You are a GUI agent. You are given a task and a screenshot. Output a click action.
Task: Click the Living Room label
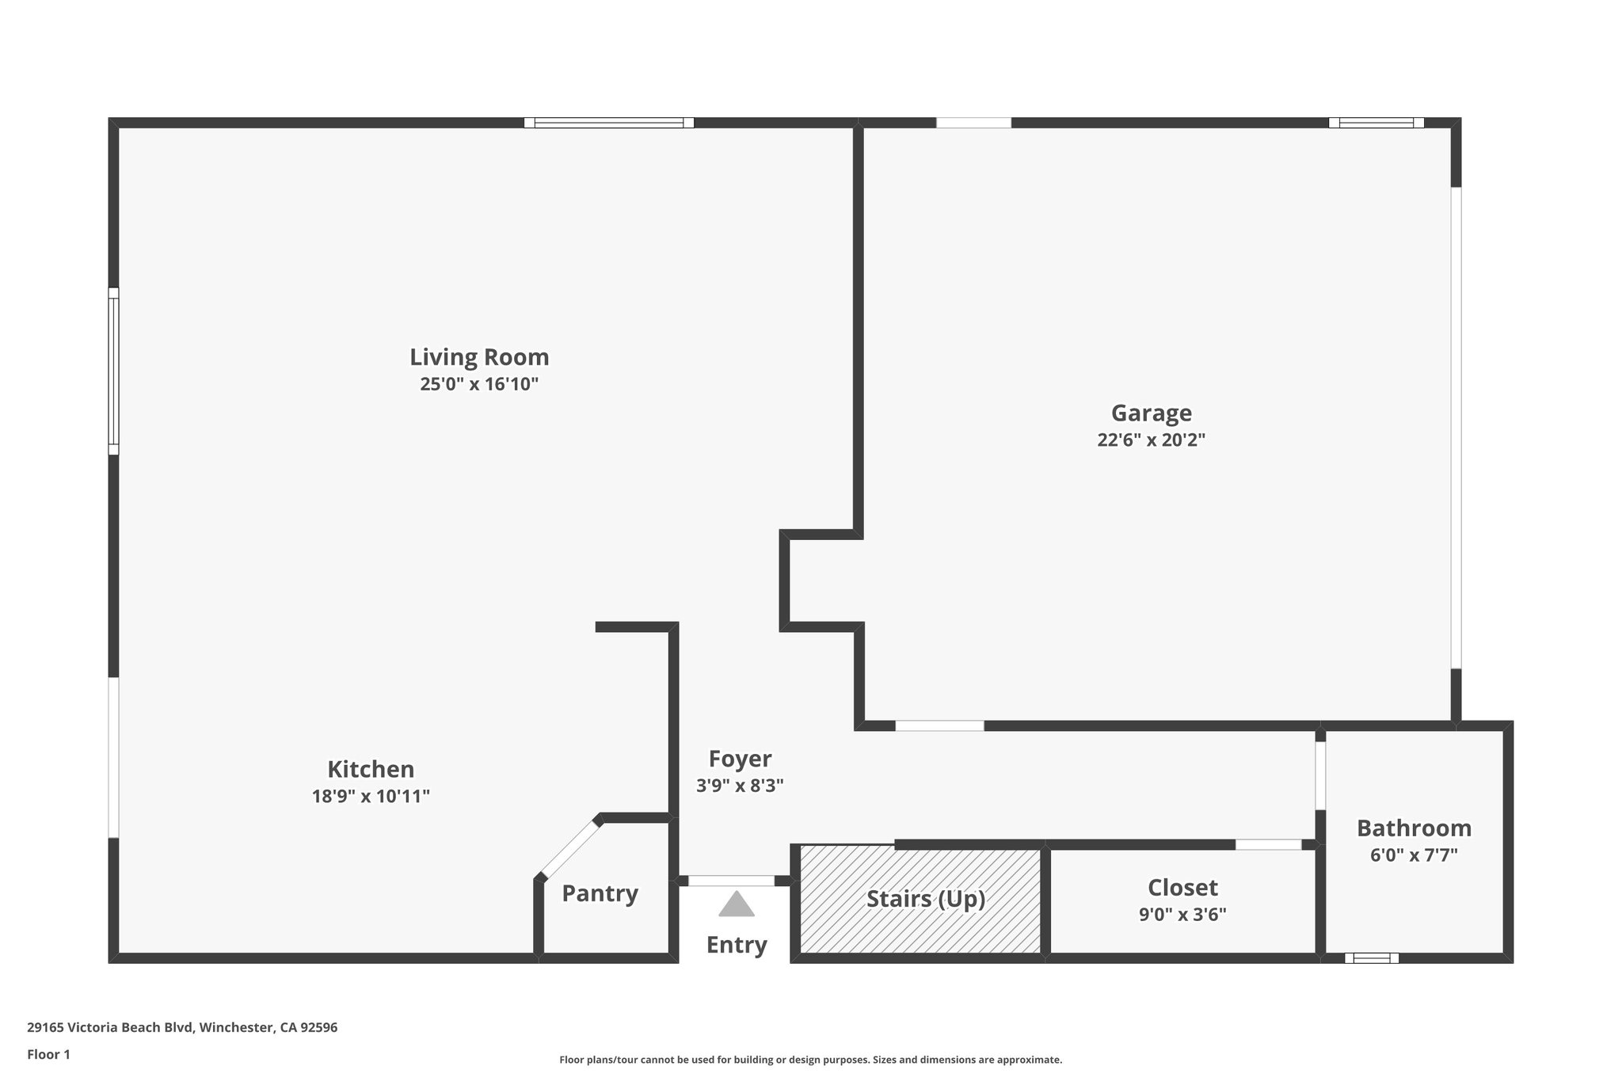coord(479,357)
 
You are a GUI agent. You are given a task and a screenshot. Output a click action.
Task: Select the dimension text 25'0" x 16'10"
coord(479,385)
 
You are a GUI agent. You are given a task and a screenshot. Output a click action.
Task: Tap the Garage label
coord(1151,413)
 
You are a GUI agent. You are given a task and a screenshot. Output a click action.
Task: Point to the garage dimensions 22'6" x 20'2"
coord(1151,440)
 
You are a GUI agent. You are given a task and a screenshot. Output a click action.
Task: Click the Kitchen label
coord(371,769)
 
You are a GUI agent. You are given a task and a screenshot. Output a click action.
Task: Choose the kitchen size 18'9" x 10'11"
coord(371,797)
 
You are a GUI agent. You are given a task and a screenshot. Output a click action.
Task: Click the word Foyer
coord(740,759)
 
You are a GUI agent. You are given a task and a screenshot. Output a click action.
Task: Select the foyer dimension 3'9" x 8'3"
coord(740,786)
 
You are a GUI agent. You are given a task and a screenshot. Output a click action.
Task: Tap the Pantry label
coord(600,893)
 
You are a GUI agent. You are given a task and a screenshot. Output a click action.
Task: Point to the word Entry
coord(737,945)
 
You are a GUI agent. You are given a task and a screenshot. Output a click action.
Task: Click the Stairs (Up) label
coord(925,899)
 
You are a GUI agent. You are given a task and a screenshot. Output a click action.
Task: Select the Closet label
coord(1182,887)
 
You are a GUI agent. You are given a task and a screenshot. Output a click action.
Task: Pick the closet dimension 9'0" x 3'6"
coord(1182,915)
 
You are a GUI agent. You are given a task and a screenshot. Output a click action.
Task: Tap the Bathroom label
coord(1414,828)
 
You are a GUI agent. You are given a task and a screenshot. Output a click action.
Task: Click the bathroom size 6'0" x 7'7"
coord(1414,855)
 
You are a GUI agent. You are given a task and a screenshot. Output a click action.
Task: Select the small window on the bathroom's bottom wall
coord(1372,958)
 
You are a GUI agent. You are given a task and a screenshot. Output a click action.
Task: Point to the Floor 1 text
coord(48,1055)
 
